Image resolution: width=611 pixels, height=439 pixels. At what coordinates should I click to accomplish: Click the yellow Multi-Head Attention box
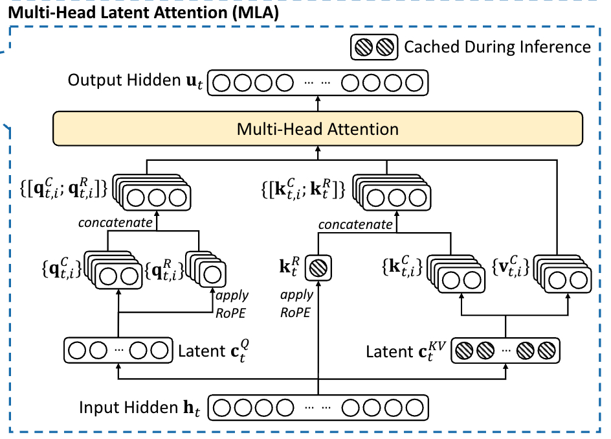coord(317,128)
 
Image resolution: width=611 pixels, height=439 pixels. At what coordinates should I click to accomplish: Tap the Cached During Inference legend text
coord(497,47)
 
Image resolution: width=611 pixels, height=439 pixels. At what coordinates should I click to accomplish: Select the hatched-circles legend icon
coord(372,47)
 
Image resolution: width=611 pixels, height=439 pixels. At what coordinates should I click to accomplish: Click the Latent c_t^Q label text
coord(212,351)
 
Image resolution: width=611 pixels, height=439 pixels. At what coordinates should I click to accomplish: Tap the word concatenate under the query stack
coord(115,223)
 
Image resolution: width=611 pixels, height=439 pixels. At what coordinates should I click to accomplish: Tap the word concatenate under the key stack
coord(355,224)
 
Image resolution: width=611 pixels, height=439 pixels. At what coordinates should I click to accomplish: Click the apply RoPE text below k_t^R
coord(296,303)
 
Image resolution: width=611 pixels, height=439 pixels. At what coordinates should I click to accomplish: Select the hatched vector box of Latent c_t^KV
coord(504,351)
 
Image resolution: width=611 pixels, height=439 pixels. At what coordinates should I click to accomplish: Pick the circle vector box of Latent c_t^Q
coord(118,351)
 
